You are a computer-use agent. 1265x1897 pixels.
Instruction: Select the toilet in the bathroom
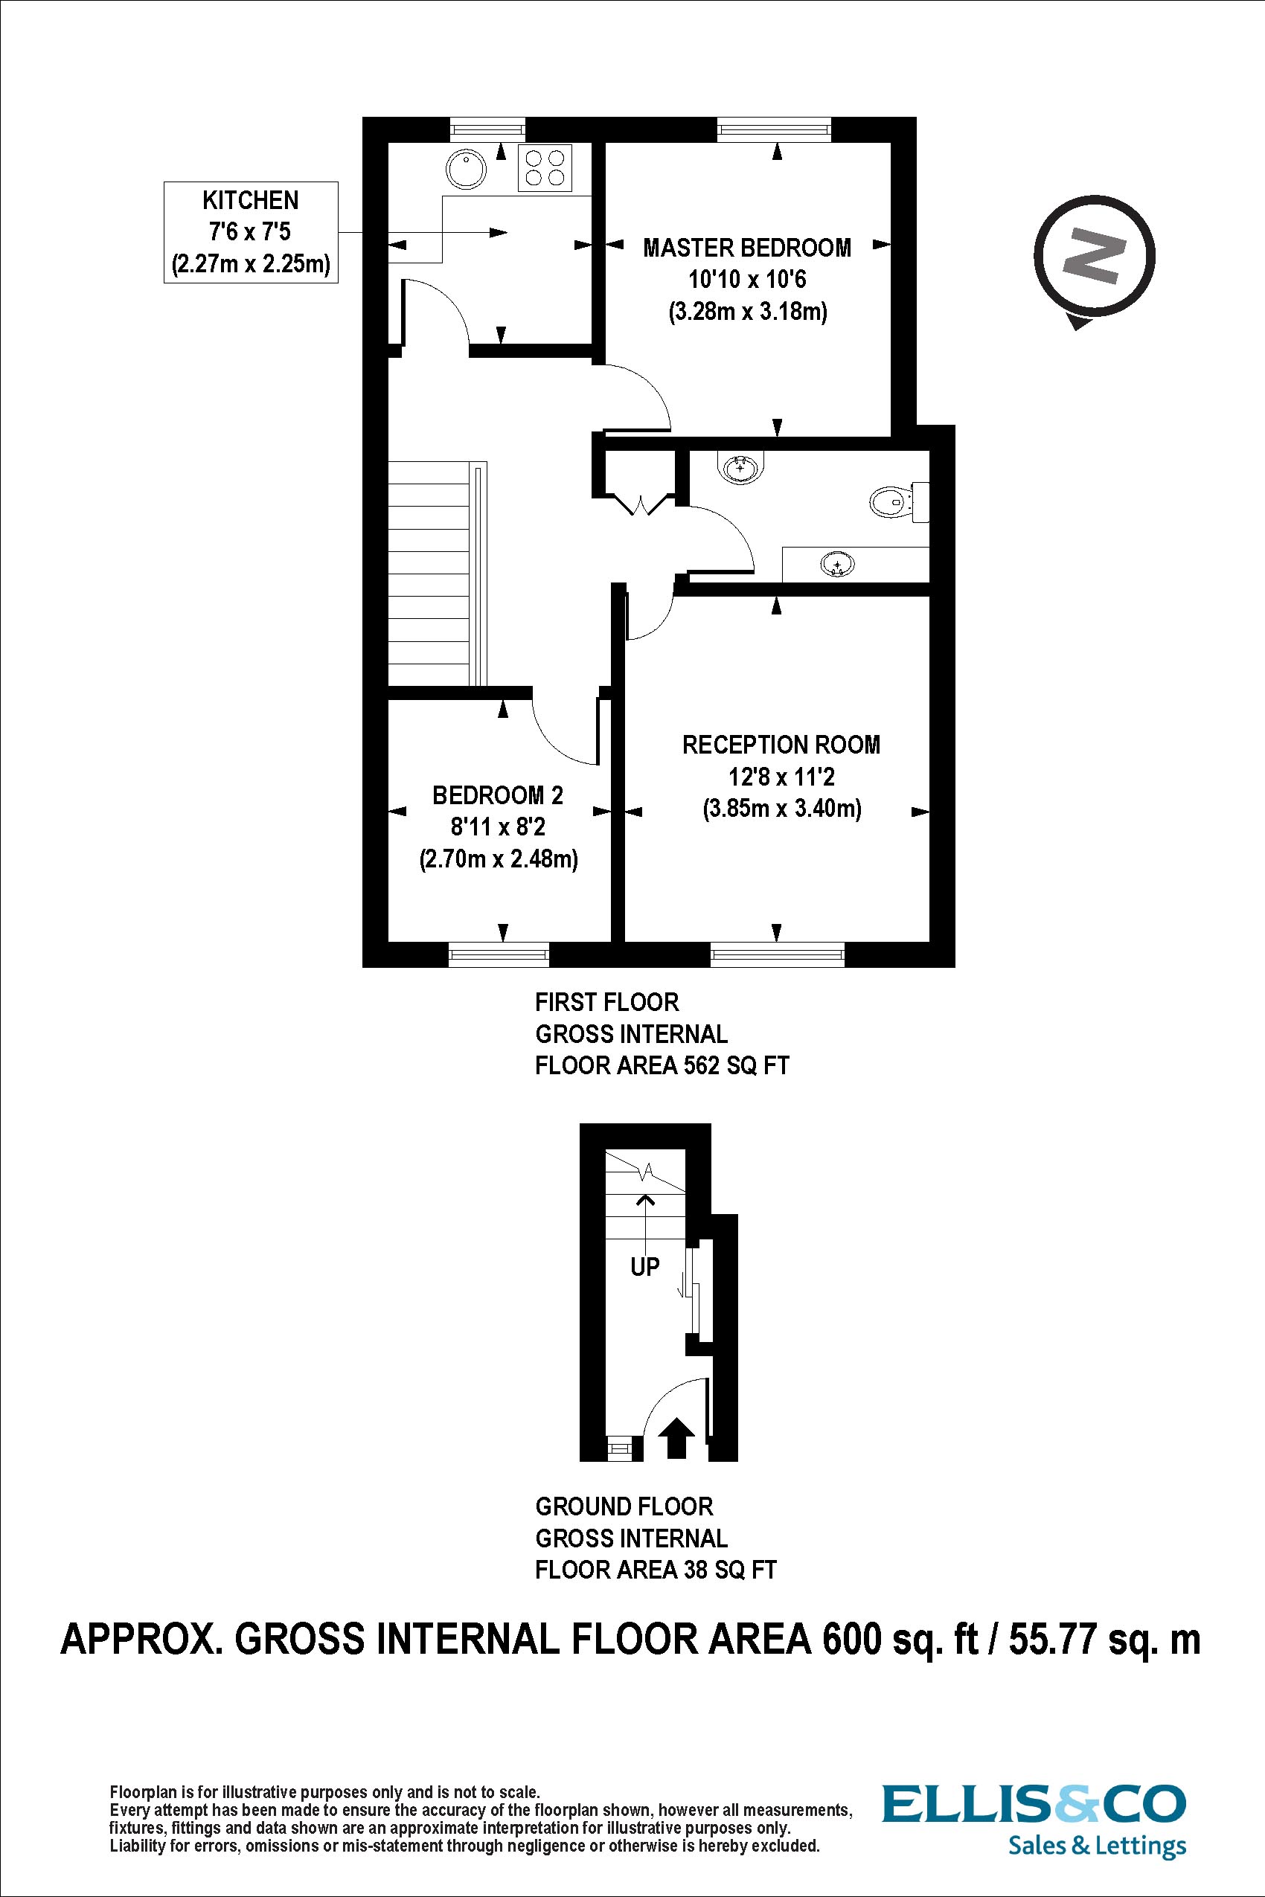pos(891,501)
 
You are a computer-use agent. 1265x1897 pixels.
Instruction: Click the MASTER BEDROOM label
pos(746,248)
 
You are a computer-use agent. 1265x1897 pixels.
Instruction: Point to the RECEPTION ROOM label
pos(780,745)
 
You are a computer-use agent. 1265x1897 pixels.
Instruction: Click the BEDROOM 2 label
pos(497,795)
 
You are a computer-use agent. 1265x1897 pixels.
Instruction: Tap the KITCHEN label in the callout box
pos(250,200)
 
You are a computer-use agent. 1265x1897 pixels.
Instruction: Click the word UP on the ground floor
pos(644,1267)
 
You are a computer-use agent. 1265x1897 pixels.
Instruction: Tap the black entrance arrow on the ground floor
pos(676,1438)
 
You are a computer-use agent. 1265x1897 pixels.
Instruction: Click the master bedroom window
pos(774,128)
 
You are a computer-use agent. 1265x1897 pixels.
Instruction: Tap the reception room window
pos(777,955)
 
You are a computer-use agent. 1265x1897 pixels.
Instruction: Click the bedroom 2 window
pos(498,955)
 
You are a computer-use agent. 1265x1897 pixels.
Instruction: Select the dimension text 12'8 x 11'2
pos(781,777)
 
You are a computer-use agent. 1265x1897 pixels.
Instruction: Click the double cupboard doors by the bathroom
pos(642,505)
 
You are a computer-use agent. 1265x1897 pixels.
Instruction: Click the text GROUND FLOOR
pos(624,1506)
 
